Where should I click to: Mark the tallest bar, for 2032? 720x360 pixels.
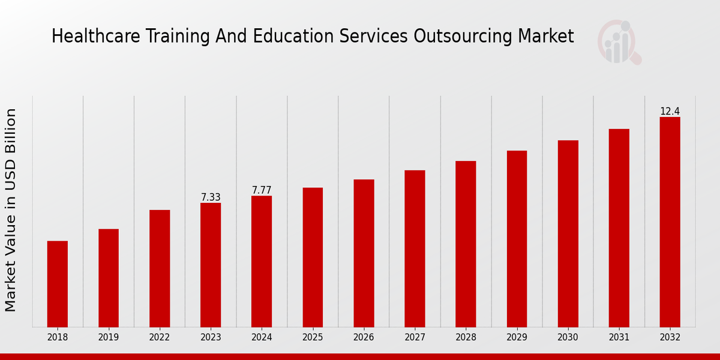[x=670, y=222]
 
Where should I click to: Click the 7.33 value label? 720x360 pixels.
[x=211, y=197]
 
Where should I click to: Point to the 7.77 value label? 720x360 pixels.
[x=262, y=190]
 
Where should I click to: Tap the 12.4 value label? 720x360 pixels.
[x=670, y=112]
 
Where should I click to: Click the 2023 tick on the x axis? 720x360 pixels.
[x=211, y=337]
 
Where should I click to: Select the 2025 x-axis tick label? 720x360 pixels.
[x=313, y=337]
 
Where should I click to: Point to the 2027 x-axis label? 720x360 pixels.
[x=415, y=337]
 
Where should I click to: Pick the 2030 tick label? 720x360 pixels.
[x=568, y=337]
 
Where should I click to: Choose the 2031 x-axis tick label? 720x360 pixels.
[x=619, y=337]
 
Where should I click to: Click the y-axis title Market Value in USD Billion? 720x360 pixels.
[x=11, y=210]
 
